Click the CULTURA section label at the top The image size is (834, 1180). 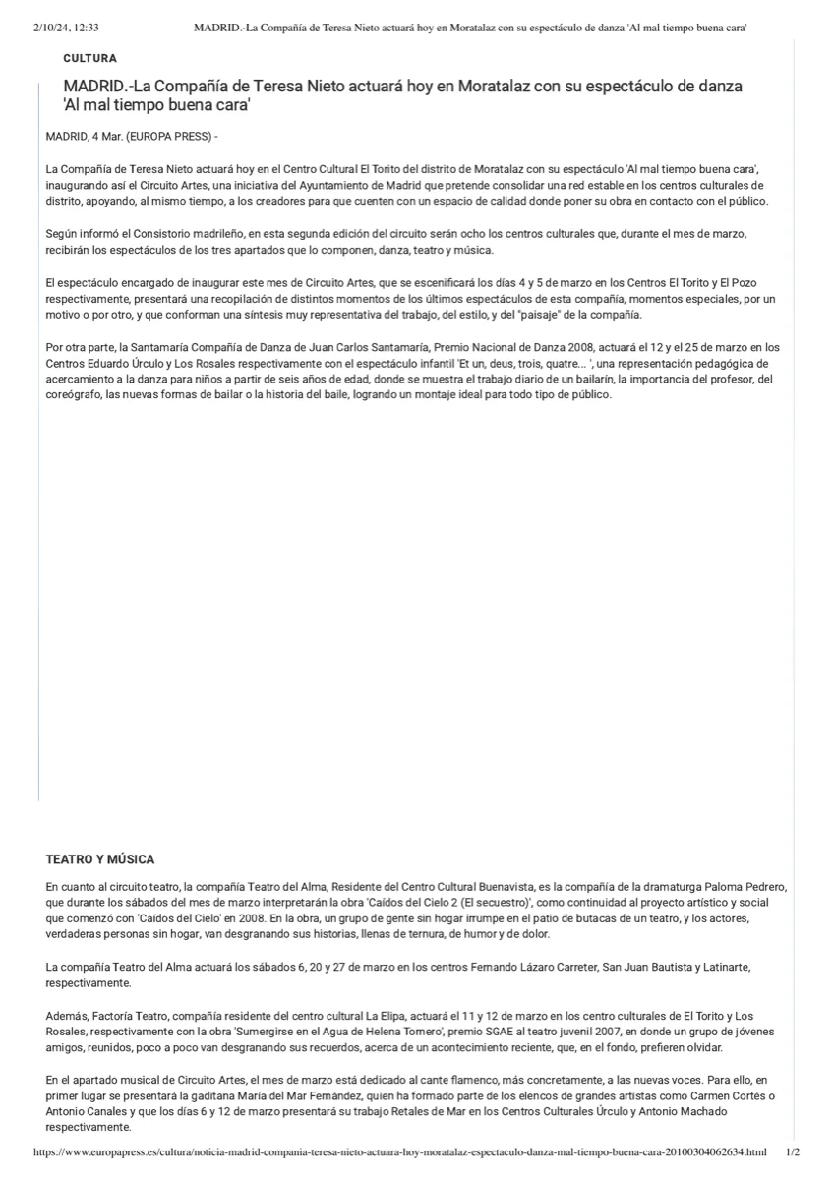[89, 59]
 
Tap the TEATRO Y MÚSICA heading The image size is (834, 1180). [99, 859]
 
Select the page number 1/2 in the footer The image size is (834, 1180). [793, 1150]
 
